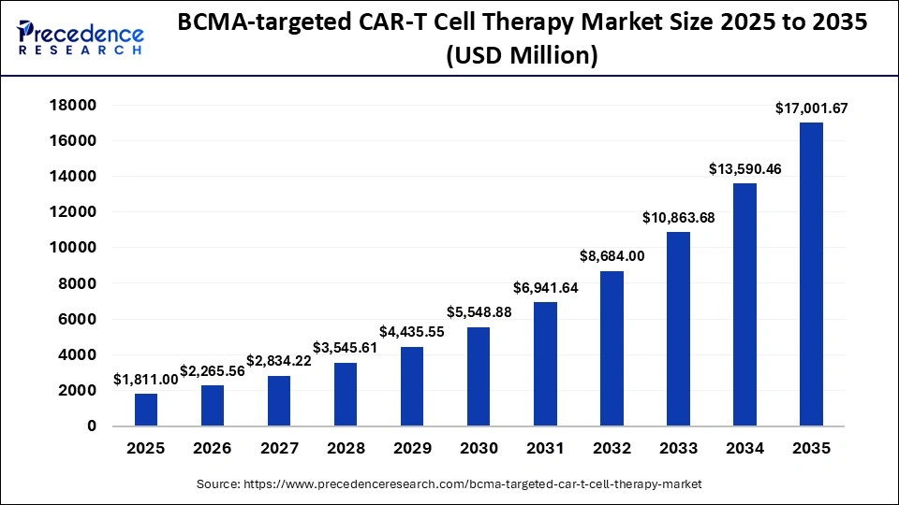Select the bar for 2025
click(146, 410)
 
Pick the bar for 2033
click(678, 328)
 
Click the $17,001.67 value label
click(811, 108)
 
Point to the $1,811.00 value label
click(146, 380)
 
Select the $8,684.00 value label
click(612, 255)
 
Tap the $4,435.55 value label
click(412, 331)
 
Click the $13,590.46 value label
click(744, 169)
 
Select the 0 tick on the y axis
click(92, 426)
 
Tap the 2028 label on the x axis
click(346, 449)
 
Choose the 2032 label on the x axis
click(612, 449)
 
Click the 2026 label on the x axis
click(213, 449)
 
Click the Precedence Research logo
click(81, 38)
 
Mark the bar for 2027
click(279, 400)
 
